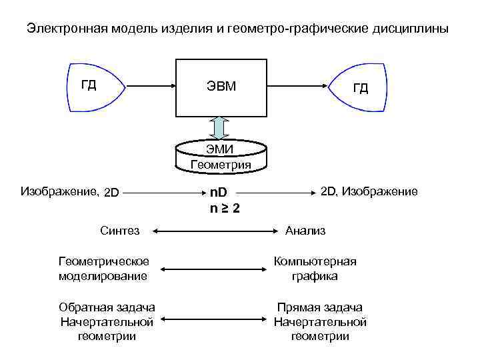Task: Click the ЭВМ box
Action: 220,87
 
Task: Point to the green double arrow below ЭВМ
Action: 220,127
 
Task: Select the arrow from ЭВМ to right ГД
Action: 297,87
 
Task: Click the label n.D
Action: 219,193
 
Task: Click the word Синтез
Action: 119,231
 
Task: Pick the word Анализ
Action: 305,231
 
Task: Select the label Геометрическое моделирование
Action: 103,268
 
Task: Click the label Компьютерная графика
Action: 315,268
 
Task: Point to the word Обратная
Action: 83,307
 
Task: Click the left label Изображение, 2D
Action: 69,192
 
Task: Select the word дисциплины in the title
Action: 411,29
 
